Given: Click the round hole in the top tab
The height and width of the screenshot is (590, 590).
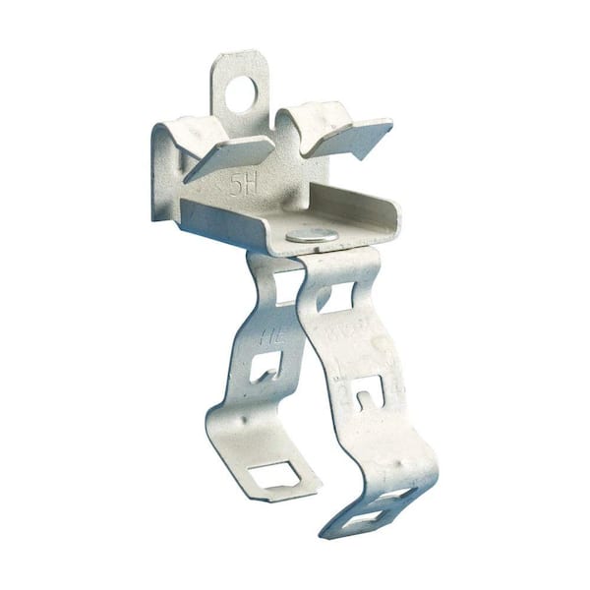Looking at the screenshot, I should click(x=243, y=92).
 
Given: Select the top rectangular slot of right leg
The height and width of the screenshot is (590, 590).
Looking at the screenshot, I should click(x=339, y=292).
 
